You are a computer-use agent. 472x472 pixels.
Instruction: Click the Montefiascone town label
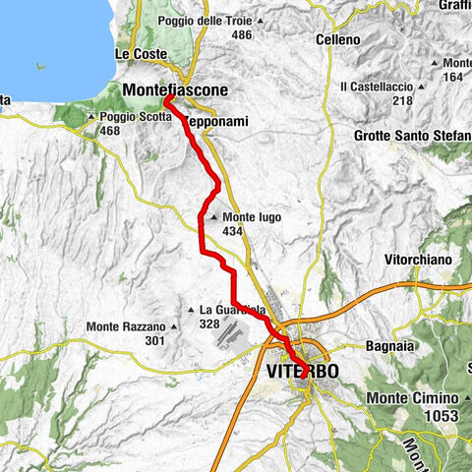(x=176, y=89)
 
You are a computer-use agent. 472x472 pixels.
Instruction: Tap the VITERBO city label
(x=302, y=372)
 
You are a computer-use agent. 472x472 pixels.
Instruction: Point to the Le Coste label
(x=137, y=52)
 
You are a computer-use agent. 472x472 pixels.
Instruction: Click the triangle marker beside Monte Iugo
(x=213, y=217)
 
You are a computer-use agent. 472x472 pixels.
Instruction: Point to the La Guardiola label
(x=234, y=310)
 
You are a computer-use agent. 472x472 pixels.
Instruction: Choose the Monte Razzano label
(x=125, y=326)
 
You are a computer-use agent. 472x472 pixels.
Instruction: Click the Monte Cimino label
(x=414, y=397)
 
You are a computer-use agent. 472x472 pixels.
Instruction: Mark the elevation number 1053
(x=442, y=416)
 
